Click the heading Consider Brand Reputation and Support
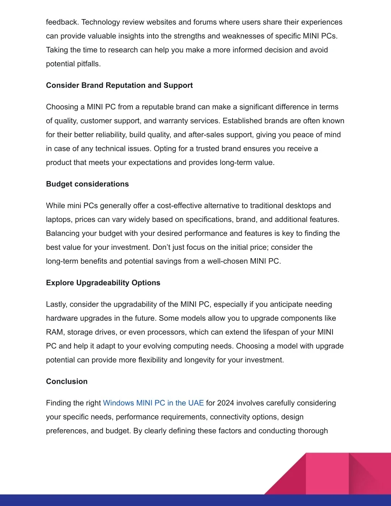tap(119, 86)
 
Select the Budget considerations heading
tap(87, 184)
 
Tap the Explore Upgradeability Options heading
tap(103, 283)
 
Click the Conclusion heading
tap(67, 382)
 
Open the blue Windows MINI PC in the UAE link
tap(153, 403)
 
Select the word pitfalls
tap(88, 64)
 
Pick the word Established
tap(241, 121)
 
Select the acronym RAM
tap(55, 332)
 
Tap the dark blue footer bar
tap(153, 500)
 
